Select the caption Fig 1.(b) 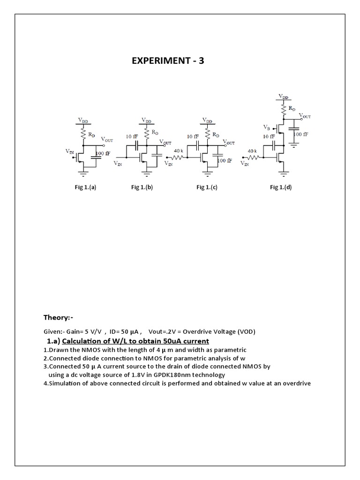click(142, 187)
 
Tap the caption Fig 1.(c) click(207, 187)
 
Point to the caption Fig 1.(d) click(281, 187)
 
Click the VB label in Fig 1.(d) click(267, 127)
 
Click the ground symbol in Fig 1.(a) click(83, 174)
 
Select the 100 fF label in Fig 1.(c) click(225, 160)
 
